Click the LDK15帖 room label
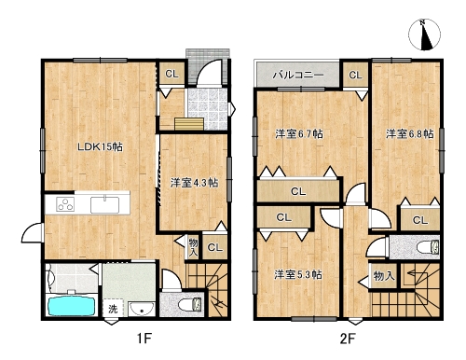pyautogui.click(x=100, y=146)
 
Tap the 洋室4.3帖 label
pyautogui.click(x=194, y=183)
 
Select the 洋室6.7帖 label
pyautogui.click(x=299, y=134)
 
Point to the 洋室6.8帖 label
pyautogui.click(x=410, y=134)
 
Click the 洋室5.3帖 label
pyautogui.click(x=297, y=275)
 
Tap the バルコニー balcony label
pyautogui.click(x=298, y=75)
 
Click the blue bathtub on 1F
pyautogui.click(x=71, y=305)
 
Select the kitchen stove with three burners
pyautogui.click(x=65, y=204)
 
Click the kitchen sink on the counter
pyautogui.click(x=104, y=205)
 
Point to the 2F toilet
pyautogui.click(x=428, y=248)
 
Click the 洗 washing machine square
pyautogui.click(x=113, y=309)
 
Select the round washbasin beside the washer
pyautogui.click(x=142, y=309)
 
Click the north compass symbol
pyautogui.click(x=425, y=35)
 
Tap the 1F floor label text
pyautogui.click(x=144, y=339)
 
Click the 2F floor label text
pyautogui.click(x=348, y=339)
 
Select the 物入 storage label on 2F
pyautogui.click(x=384, y=275)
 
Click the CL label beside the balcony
pyautogui.click(x=355, y=75)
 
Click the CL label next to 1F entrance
pyautogui.click(x=171, y=74)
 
